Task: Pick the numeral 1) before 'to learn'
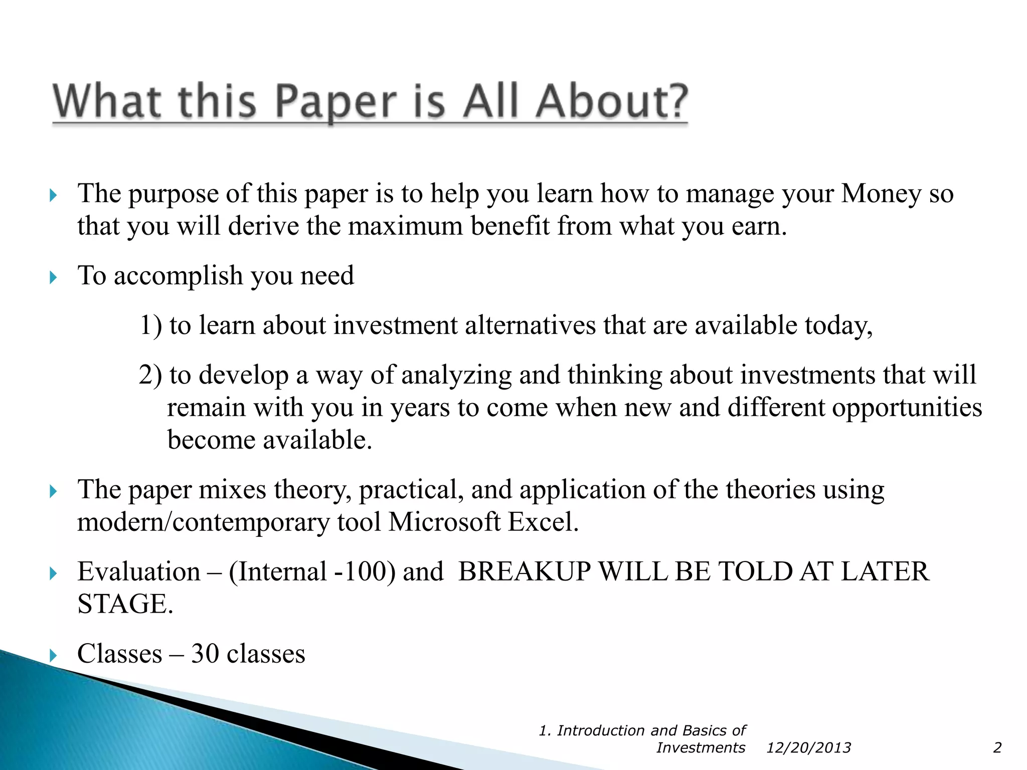(150, 325)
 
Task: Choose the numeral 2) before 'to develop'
(150, 375)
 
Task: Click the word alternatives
(530, 325)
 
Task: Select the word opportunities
(907, 407)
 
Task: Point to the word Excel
(543, 522)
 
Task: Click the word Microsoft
(444, 522)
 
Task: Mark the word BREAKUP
(525, 571)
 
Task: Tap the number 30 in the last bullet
(205, 654)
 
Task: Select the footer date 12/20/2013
(808, 748)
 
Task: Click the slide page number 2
(997, 748)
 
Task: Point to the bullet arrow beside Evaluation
(54, 573)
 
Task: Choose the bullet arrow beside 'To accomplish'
(54, 277)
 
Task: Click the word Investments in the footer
(701, 748)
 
